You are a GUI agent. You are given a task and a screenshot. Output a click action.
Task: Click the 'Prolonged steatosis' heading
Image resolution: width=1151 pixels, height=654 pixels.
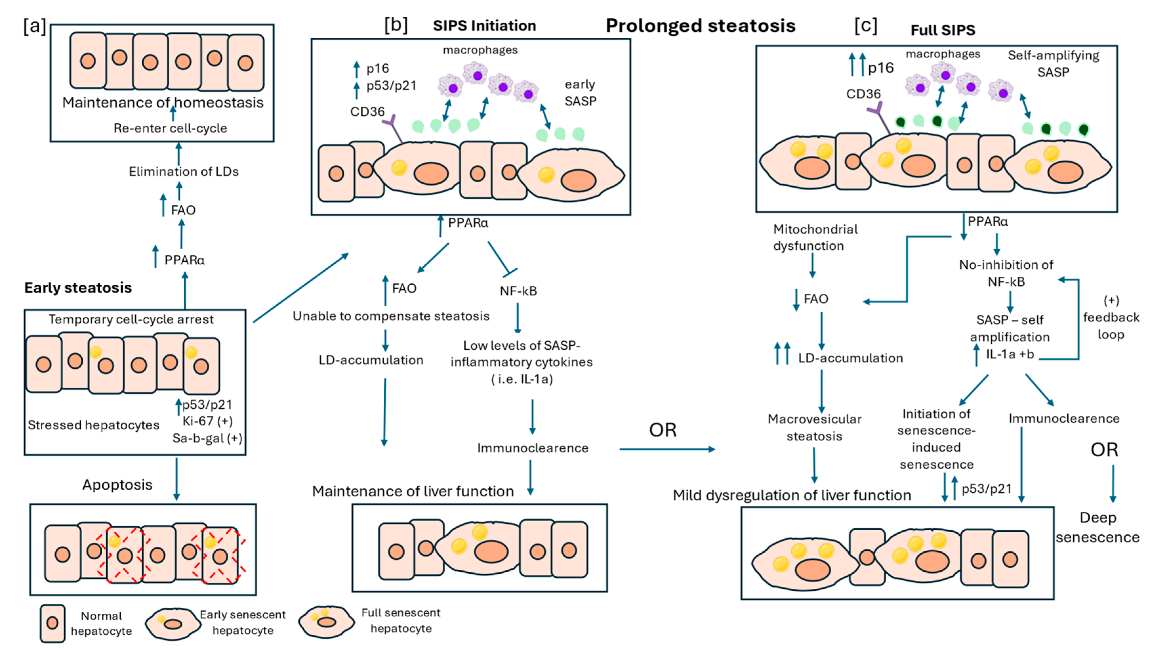pyautogui.click(x=700, y=26)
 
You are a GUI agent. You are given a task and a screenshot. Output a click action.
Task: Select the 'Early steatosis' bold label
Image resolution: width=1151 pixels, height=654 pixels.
pyautogui.click(x=78, y=287)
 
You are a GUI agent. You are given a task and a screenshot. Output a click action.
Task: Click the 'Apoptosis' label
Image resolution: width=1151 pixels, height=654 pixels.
pyautogui.click(x=117, y=485)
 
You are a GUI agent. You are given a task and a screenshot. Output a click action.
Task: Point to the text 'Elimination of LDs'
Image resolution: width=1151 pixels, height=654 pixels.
pyautogui.click(x=183, y=172)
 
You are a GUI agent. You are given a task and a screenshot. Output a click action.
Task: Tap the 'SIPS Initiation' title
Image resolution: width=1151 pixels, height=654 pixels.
pyautogui.click(x=484, y=26)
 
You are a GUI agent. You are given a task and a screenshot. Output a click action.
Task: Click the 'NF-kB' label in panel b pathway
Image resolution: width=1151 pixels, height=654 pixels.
pyautogui.click(x=518, y=291)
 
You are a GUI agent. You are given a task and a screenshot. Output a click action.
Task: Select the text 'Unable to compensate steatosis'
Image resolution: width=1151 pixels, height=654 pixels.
pyautogui.click(x=391, y=316)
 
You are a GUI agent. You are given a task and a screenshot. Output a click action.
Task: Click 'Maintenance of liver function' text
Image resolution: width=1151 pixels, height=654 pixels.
pyautogui.click(x=413, y=491)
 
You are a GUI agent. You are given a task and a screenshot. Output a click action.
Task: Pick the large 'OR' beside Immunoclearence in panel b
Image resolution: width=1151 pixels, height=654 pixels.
pyautogui.click(x=662, y=430)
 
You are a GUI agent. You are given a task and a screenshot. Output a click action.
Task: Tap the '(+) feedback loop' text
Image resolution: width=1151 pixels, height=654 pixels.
pyautogui.click(x=1111, y=317)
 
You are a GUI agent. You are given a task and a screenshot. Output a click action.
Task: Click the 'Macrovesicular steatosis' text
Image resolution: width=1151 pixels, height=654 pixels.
pyautogui.click(x=814, y=428)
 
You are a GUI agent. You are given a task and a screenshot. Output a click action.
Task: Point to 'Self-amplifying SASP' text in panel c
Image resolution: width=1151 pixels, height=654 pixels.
pyautogui.click(x=1053, y=63)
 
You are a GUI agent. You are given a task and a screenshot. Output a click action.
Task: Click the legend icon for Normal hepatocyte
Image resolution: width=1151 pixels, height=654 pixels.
pyautogui.click(x=52, y=623)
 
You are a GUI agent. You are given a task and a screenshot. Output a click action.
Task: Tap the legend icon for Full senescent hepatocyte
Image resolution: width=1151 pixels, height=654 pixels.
pyautogui.click(x=327, y=622)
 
